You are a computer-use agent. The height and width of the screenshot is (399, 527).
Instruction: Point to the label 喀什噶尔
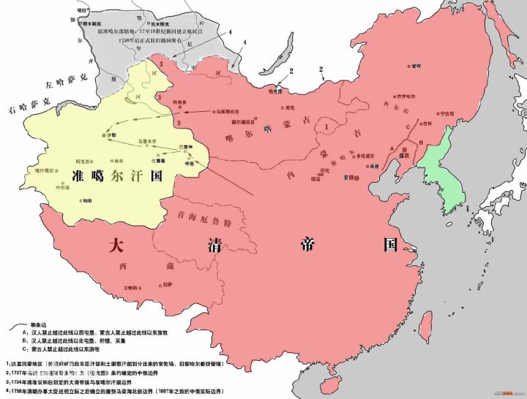click(x=45, y=170)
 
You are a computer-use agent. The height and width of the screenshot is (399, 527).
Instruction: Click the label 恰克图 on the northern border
click(x=276, y=91)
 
